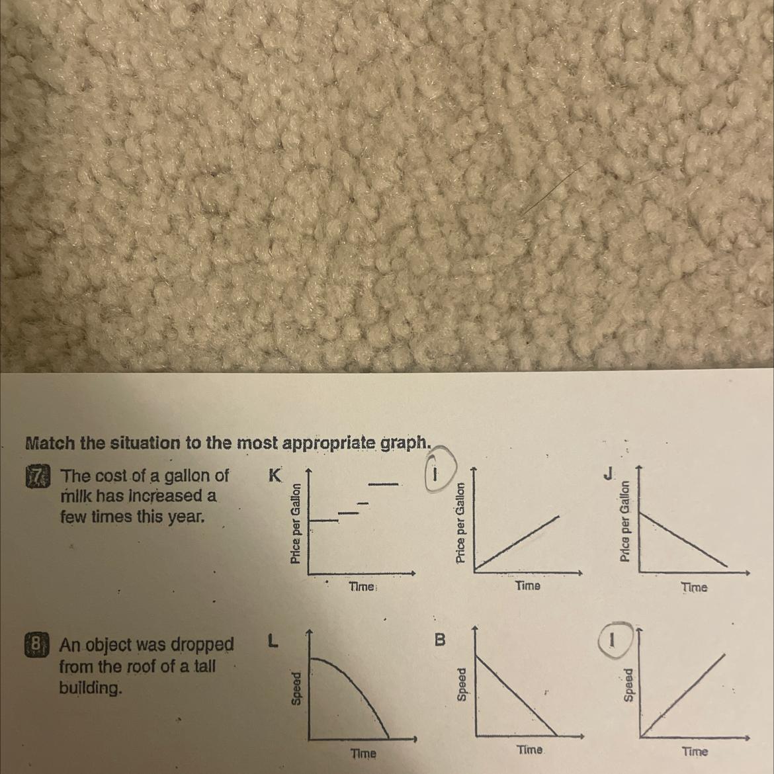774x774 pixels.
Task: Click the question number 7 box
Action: click(34, 476)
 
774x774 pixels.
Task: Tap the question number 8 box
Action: click(33, 645)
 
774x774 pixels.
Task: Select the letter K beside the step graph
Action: click(275, 476)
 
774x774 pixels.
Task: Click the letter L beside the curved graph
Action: click(272, 640)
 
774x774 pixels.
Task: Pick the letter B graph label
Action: click(439, 640)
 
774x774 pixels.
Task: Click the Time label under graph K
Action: click(363, 587)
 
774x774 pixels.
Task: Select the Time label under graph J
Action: click(693, 587)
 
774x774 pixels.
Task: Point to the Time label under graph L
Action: click(363, 753)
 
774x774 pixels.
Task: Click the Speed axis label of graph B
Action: click(462, 684)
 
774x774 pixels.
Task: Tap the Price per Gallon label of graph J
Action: click(625, 521)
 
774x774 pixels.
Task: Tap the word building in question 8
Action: click(91, 687)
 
